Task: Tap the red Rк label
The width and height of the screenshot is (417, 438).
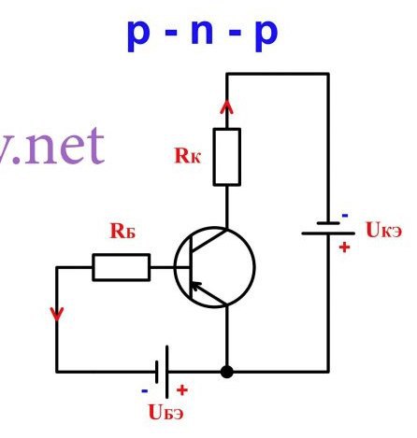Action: point(188,155)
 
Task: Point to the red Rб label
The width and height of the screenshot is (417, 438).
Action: point(122,231)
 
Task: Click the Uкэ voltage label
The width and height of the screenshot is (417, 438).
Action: point(384,230)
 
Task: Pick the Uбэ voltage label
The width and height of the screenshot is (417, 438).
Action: point(165,412)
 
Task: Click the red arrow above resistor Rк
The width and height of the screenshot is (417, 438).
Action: point(227,113)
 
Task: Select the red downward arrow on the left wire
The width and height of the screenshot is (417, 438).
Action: point(57,314)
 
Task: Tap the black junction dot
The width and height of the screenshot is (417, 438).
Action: point(227,372)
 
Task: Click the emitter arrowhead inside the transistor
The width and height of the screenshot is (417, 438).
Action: point(195,286)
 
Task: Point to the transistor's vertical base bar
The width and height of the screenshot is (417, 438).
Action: point(190,267)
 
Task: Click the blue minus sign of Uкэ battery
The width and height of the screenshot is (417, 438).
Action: point(345,216)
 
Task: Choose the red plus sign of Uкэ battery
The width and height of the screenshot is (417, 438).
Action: point(344,247)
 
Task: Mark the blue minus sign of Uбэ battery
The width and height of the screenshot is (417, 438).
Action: point(145,391)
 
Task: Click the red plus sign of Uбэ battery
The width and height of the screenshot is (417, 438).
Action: point(182,390)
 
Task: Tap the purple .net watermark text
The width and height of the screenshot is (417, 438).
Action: point(52,147)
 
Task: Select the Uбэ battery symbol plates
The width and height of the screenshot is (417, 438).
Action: point(162,372)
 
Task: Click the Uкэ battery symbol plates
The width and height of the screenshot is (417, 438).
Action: point(328,228)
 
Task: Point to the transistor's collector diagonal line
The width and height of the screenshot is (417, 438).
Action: point(208,240)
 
